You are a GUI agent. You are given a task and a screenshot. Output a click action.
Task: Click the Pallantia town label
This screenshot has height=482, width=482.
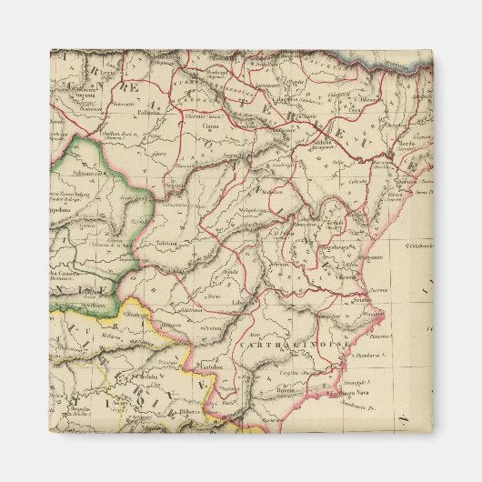coord(149,114)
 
